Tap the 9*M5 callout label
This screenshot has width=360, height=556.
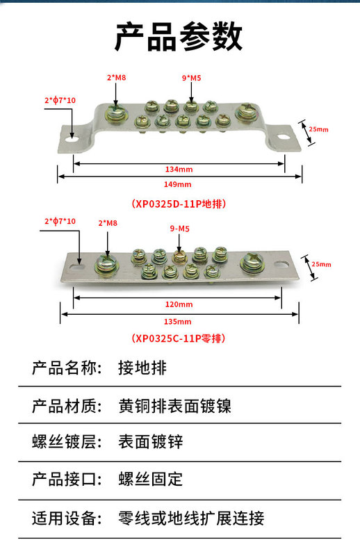(191, 78)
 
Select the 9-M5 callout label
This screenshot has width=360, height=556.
(180, 229)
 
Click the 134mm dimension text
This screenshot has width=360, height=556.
(179, 169)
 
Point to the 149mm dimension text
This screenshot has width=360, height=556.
(177, 184)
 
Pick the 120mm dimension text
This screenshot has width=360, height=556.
(179, 304)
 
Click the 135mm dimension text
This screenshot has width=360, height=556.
(177, 322)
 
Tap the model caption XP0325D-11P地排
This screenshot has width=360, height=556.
(179, 204)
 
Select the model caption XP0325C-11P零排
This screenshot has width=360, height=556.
(179, 338)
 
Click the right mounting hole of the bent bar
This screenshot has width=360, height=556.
(283, 136)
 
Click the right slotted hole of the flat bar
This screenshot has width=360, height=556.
(281, 264)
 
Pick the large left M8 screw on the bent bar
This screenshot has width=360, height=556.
(116, 113)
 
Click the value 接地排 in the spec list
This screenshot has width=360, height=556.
(142, 368)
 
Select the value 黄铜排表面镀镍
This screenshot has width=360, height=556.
(175, 406)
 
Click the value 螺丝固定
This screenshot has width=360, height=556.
(150, 479)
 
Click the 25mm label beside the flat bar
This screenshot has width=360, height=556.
(321, 264)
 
